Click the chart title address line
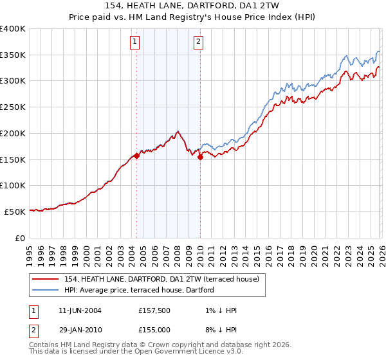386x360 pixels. (193, 6)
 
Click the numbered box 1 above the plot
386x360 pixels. (135, 42)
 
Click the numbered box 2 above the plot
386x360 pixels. (198, 42)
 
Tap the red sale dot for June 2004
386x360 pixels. (137, 156)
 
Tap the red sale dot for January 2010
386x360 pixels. (200, 157)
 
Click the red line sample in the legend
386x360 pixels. (46, 279)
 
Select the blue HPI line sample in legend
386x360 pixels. (46, 290)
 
